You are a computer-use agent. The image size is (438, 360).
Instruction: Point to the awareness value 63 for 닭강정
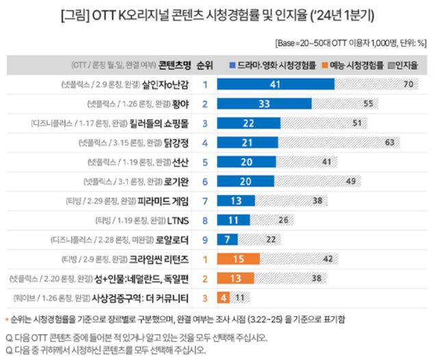click(391, 143)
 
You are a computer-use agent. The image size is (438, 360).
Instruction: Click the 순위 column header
click(204, 66)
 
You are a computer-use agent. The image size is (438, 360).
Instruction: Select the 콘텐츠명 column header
click(174, 66)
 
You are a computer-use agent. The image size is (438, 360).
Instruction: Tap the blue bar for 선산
click(247, 163)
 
